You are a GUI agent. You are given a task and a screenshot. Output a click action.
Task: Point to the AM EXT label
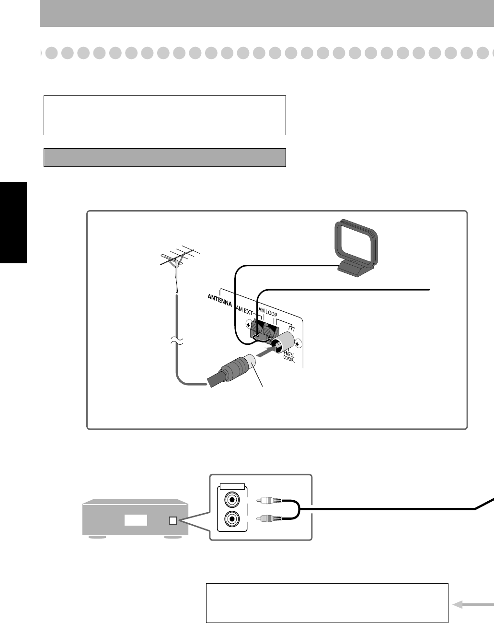pos(244,311)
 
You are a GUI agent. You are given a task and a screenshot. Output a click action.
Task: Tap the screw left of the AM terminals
pos(248,325)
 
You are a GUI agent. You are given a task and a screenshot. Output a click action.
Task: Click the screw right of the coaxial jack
pos(299,343)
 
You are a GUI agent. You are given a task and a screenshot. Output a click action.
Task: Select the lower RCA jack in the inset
pos(232,518)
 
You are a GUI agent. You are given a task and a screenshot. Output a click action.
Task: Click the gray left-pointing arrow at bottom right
pos(473,605)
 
